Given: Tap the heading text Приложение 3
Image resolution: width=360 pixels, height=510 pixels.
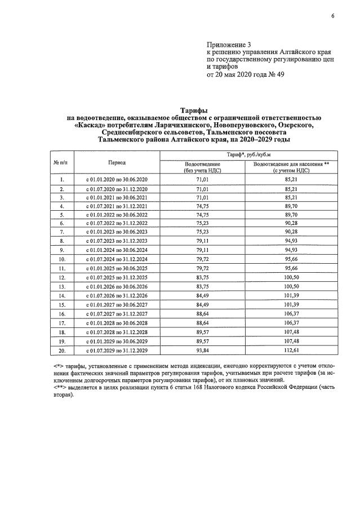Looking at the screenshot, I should click(x=228, y=44).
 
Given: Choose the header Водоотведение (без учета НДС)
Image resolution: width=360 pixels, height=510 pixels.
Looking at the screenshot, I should click(x=202, y=167).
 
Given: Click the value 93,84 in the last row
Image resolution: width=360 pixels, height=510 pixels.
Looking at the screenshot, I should click(x=202, y=350).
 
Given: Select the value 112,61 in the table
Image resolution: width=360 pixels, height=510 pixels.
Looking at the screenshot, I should click(x=291, y=350).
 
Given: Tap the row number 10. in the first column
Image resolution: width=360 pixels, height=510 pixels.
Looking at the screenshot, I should click(x=61, y=260).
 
